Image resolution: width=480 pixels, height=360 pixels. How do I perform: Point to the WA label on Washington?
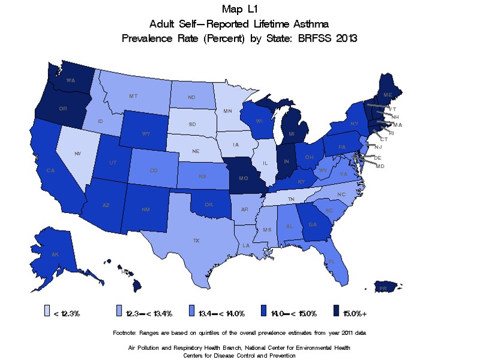pyautogui.click(x=70, y=80)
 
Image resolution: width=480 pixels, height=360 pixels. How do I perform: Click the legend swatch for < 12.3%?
pyautogui.click(x=47, y=312)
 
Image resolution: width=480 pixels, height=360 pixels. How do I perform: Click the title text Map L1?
pyautogui.click(x=239, y=10)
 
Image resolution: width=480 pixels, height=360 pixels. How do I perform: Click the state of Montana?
pyautogui.click(x=135, y=96)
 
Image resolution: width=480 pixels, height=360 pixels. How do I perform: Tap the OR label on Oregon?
pyautogui.click(x=62, y=108)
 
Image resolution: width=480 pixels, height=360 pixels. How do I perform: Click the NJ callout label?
pyautogui.click(x=378, y=147)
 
